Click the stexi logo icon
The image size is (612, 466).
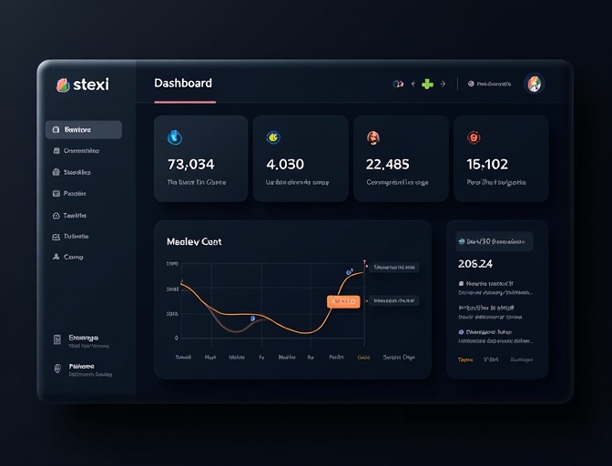coord(63,85)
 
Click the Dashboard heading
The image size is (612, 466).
coord(183,83)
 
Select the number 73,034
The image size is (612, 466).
coord(191,165)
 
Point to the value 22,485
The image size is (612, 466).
coord(387,165)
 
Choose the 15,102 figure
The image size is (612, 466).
coord(487,165)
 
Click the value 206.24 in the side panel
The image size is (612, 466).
coord(475,264)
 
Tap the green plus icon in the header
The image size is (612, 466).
coord(426,84)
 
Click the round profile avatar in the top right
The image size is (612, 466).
coord(535,84)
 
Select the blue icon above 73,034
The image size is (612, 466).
coord(176,137)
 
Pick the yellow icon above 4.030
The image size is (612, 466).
coord(272,137)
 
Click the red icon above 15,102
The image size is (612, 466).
coord(474,137)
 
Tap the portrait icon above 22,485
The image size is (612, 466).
coord(372,137)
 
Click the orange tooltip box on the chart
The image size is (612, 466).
coord(343,301)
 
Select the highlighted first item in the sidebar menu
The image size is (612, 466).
coord(83,130)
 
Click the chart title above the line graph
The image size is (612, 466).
coord(194,242)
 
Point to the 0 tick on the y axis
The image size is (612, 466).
coord(176,338)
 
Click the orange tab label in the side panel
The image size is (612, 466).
coord(464,360)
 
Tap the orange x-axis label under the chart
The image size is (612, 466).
coord(364,358)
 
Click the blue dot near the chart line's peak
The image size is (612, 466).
coord(349,272)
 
